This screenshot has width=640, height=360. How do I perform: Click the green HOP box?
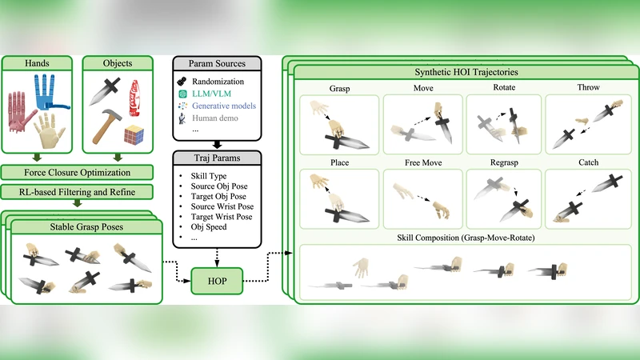click(217, 281)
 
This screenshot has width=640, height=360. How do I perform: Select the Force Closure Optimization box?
click(77, 172)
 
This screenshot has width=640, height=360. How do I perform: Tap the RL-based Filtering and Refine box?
click(77, 192)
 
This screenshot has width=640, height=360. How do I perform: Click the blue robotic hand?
click(50, 92)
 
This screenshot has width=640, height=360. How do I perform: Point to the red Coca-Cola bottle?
click(134, 98)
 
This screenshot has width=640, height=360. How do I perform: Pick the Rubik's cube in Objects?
click(134, 134)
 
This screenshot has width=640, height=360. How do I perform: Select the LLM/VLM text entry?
click(211, 94)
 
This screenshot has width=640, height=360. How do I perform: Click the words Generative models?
click(224, 106)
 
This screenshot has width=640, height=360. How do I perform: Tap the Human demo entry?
click(215, 118)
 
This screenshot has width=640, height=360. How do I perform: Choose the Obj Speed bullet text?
click(209, 227)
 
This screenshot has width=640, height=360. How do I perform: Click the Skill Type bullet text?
click(209, 176)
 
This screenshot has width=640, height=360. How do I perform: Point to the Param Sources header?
click(217, 64)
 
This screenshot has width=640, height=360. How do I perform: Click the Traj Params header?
click(217, 158)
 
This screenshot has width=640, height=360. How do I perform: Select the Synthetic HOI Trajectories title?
click(466, 72)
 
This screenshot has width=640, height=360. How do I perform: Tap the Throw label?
click(588, 87)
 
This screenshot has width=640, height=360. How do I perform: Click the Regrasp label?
click(504, 162)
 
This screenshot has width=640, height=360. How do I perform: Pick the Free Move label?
click(423, 162)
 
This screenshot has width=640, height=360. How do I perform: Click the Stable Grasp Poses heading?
click(86, 227)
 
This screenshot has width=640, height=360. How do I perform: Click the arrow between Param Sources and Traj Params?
click(217, 145)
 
